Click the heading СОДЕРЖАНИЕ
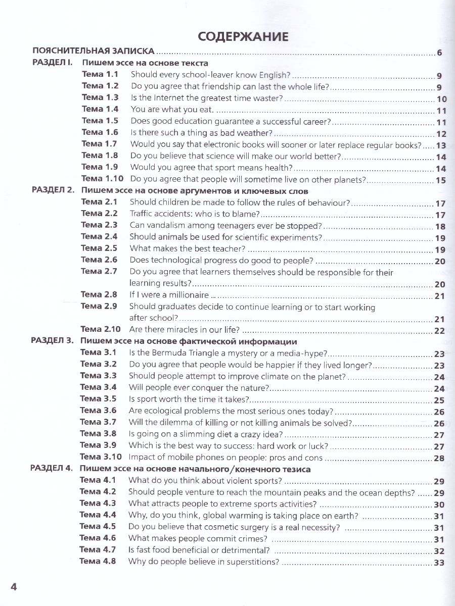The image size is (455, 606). pyautogui.click(x=243, y=36)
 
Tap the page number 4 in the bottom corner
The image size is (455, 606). pyautogui.click(x=14, y=586)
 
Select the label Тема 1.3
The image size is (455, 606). pyautogui.click(x=100, y=97)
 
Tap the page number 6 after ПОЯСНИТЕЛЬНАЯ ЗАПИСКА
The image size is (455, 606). pyautogui.click(x=439, y=52)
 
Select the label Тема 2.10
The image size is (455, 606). pyautogui.click(x=101, y=329)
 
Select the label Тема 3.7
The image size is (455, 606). pyautogui.click(x=98, y=422)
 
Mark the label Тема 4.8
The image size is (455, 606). pyautogui.click(x=98, y=561)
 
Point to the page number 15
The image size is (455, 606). pyautogui.click(x=440, y=180)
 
